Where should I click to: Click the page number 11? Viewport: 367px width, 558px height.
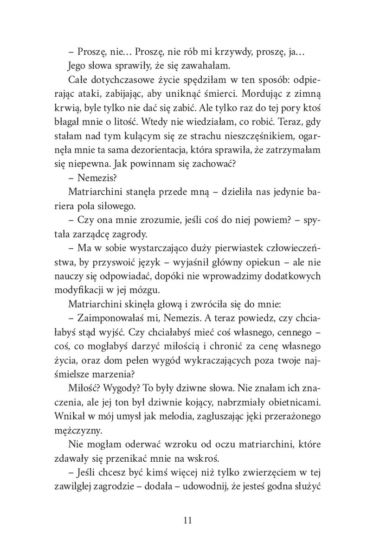click(183, 519)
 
